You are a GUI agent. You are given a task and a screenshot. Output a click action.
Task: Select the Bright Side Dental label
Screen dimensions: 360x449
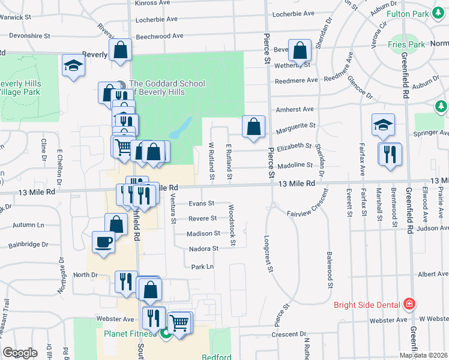click(x=367, y=305)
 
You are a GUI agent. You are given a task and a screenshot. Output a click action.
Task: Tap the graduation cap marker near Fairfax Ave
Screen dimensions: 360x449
click(x=383, y=124)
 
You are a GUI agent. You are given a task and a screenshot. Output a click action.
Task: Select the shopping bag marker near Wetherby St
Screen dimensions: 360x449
click(x=299, y=50)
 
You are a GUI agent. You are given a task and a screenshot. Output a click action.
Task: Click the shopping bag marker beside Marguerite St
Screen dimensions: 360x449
click(x=253, y=126)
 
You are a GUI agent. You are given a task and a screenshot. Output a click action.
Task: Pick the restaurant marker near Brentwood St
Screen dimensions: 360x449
click(x=390, y=154)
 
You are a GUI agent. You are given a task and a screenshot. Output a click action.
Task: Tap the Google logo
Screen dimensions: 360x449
click(x=20, y=353)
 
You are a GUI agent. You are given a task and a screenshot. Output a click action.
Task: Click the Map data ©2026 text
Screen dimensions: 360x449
click(x=423, y=355)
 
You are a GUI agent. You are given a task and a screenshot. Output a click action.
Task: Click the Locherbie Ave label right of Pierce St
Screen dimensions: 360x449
click(x=294, y=14)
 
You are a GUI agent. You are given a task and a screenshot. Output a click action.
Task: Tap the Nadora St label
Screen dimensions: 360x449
click(x=203, y=248)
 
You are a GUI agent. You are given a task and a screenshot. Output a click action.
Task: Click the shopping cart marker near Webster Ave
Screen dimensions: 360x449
click(x=179, y=323)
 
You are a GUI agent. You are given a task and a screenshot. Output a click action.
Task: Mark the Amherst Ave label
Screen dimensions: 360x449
click(x=295, y=110)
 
